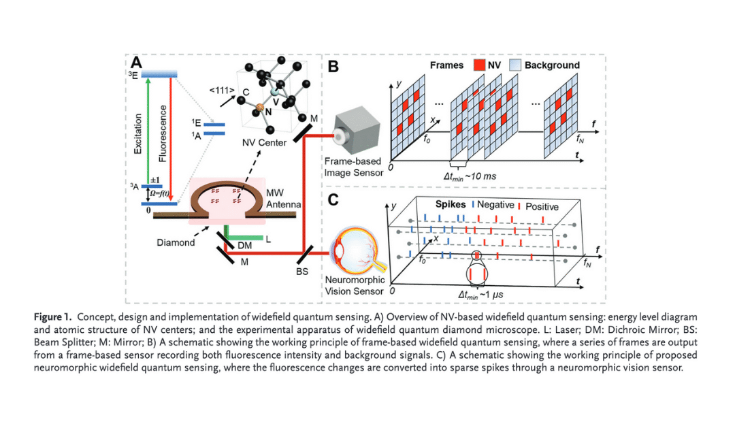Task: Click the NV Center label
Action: (264, 144)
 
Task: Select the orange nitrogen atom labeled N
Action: (259, 107)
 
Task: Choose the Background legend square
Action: (514, 65)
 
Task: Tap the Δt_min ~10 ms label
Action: (470, 176)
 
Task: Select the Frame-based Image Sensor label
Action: (355, 166)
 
